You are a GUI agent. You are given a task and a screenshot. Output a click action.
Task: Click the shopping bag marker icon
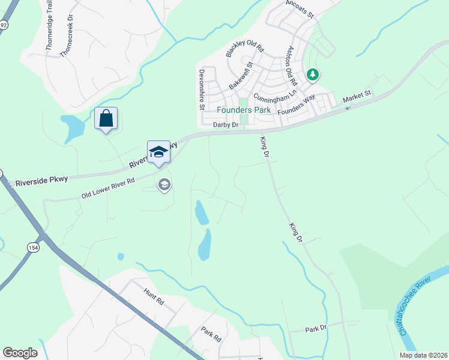[106, 118]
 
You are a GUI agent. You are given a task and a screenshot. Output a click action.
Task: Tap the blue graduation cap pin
[158, 152]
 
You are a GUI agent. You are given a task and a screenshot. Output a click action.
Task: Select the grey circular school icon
[164, 185]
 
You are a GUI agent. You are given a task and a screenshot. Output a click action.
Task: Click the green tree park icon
[312, 75]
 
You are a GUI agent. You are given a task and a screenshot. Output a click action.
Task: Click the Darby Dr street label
[226, 125]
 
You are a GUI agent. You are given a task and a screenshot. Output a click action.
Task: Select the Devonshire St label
[202, 89]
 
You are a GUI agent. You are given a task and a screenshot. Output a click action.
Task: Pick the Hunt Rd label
[153, 296]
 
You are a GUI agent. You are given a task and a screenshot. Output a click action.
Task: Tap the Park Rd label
[211, 334]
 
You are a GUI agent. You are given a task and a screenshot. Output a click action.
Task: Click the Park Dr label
[315, 329]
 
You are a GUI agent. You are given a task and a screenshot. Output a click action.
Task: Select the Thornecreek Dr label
[66, 37]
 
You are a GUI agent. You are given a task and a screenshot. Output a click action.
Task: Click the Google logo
[20, 353]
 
